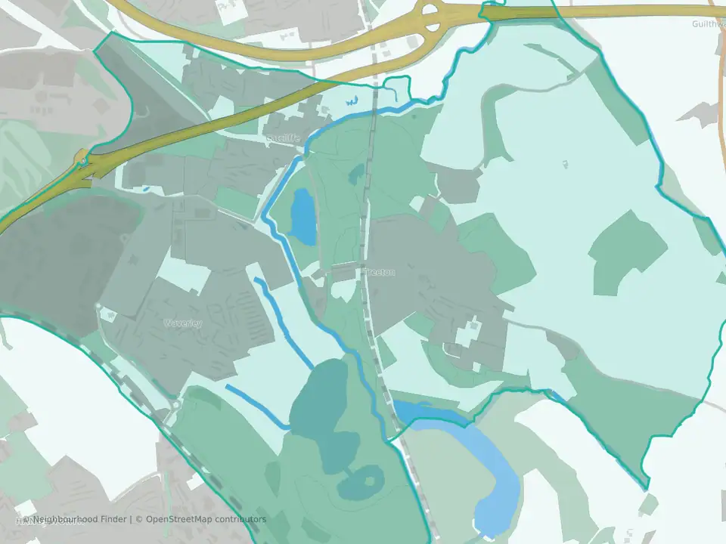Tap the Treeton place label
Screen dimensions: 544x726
[x=379, y=272]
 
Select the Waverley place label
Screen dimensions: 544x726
[x=183, y=323]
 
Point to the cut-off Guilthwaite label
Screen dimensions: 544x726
[x=709, y=23]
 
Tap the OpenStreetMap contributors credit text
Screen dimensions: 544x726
[x=206, y=520]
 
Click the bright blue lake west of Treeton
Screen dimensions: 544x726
[x=304, y=216]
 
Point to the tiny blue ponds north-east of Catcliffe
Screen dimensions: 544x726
[x=350, y=100]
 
